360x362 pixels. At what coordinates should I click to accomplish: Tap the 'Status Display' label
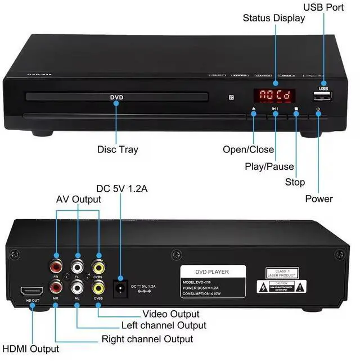point(274,18)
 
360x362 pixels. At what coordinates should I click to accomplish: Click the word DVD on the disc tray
point(116,97)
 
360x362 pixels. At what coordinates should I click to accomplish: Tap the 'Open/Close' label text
point(249,150)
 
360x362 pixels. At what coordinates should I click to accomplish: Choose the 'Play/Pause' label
point(269,166)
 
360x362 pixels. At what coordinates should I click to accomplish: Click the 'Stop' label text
point(295,182)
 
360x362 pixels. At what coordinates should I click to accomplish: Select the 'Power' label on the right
point(319,198)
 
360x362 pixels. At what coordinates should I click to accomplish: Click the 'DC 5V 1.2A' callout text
point(122,189)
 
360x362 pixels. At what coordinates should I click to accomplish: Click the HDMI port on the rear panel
point(31,292)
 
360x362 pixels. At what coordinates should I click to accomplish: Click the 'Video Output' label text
point(170,314)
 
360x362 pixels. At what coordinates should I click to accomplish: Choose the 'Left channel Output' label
point(164,325)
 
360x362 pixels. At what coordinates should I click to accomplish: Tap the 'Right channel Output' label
point(147,339)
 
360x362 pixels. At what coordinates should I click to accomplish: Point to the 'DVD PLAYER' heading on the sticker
point(213,271)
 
